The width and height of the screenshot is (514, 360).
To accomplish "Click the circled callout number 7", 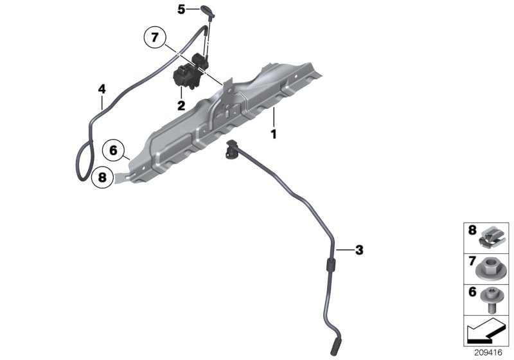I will pyautogui.click(x=154, y=38).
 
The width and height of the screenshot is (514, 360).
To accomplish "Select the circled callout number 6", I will pyautogui.click(x=113, y=150).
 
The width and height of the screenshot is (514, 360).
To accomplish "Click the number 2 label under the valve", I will pyautogui.click(x=181, y=105).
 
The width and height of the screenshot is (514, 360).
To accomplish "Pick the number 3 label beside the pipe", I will pyautogui.click(x=359, y=249).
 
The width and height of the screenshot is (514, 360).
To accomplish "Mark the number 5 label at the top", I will pyautogui.click(x=181, y=9).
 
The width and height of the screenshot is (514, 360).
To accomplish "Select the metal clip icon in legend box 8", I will pyautogui.click(x=495, y=237).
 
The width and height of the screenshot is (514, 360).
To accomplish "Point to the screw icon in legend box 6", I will pyautogui.click(x=495, y=300).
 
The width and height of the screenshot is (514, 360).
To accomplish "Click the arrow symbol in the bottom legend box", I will pyautogui.click(x=486, y=333).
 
